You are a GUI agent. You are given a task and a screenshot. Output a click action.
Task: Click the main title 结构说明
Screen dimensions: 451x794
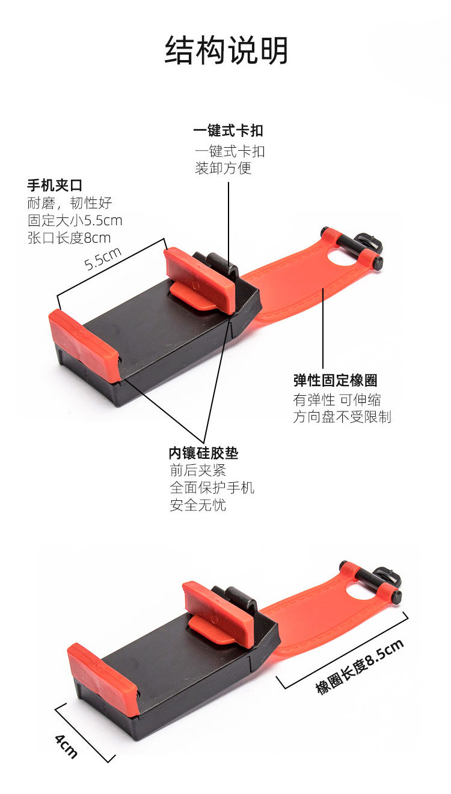pos(226,50)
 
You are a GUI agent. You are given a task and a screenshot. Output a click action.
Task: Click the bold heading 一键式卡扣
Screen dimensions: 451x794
pos(228,131)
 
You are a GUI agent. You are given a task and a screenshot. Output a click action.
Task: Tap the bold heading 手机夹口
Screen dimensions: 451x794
pos(55,186)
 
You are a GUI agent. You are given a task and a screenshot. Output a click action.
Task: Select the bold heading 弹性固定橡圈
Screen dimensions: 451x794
pos(336,380)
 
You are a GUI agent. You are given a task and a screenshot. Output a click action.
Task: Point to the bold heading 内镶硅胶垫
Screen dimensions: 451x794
pos(203,453)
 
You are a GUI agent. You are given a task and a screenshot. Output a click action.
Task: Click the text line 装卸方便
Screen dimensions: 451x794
pos(223,168)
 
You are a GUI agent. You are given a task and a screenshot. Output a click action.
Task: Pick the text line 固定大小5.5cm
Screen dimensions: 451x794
pos(75,220)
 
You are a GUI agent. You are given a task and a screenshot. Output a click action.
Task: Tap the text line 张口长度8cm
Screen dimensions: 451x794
pos(69,238)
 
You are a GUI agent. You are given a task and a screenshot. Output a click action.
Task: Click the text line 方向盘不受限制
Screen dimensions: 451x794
pos(342,417)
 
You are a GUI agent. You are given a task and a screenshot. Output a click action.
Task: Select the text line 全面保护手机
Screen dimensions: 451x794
pos(212,488)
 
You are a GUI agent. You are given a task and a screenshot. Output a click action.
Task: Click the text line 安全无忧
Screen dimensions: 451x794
pos(198,505)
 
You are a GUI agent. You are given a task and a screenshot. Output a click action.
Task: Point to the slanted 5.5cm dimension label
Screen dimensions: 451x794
pos(103,258)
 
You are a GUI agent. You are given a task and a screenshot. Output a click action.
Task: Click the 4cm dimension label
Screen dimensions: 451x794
pos(66,746)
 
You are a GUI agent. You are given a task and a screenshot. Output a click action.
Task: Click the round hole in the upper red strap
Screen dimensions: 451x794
pos(343,256)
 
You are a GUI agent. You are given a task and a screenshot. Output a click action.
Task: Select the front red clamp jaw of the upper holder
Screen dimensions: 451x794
pos(84,345)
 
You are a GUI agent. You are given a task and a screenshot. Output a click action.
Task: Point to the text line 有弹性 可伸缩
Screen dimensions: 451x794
pos(337,400)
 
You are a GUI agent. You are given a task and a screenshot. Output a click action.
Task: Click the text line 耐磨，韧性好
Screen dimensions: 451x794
pos(70,203)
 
